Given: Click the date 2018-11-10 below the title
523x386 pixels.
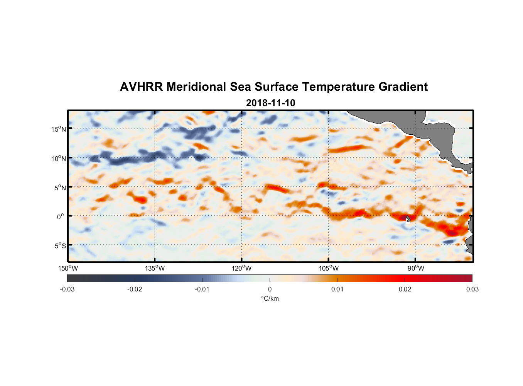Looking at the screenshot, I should tap(270, 103).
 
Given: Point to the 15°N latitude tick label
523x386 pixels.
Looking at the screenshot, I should tap(58, 129).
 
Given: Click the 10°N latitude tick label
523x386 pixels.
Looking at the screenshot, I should tap(58, 158).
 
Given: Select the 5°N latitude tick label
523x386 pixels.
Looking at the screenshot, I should tap(60, 188).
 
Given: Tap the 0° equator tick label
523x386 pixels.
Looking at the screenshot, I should tap(60, 217).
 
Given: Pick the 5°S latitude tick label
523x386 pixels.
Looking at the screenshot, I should tap(60, 245).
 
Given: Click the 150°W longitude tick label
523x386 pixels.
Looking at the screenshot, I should tap(68, 268).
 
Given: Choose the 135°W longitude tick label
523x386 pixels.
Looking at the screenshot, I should tap(155, 268).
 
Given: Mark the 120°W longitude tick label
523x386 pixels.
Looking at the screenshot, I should tap(242, 268).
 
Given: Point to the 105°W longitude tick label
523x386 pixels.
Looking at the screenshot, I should tap(329, 268).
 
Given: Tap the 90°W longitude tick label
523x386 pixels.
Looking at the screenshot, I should tap(416, 268).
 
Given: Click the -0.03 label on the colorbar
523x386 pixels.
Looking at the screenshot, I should tap(67, 289).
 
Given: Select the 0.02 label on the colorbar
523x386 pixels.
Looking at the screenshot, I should tap(405, 289).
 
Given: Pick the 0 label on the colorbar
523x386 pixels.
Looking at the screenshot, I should tap(270, 289).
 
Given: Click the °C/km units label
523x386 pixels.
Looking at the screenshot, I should tap(270, 298).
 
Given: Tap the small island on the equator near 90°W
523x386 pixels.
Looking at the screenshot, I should tap(408, 218).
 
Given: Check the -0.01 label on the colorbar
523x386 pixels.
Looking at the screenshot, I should tap(202, 289).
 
